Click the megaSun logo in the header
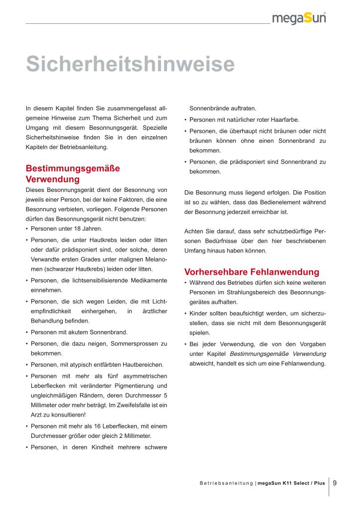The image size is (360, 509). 299,18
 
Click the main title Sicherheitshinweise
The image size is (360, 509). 130,65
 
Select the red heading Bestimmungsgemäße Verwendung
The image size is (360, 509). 73,173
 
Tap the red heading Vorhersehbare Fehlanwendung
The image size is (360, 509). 252,272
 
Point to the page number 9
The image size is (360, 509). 335,482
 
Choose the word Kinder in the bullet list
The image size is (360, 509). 199,313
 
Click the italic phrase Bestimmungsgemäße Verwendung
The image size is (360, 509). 278,354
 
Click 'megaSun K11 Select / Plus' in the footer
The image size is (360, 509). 291,483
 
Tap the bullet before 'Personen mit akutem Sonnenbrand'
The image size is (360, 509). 26,332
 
